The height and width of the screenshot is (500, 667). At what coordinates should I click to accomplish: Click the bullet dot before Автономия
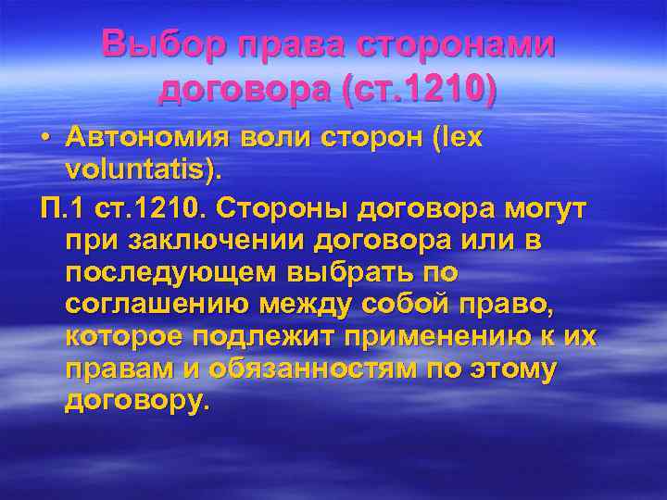pos(45,138)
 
